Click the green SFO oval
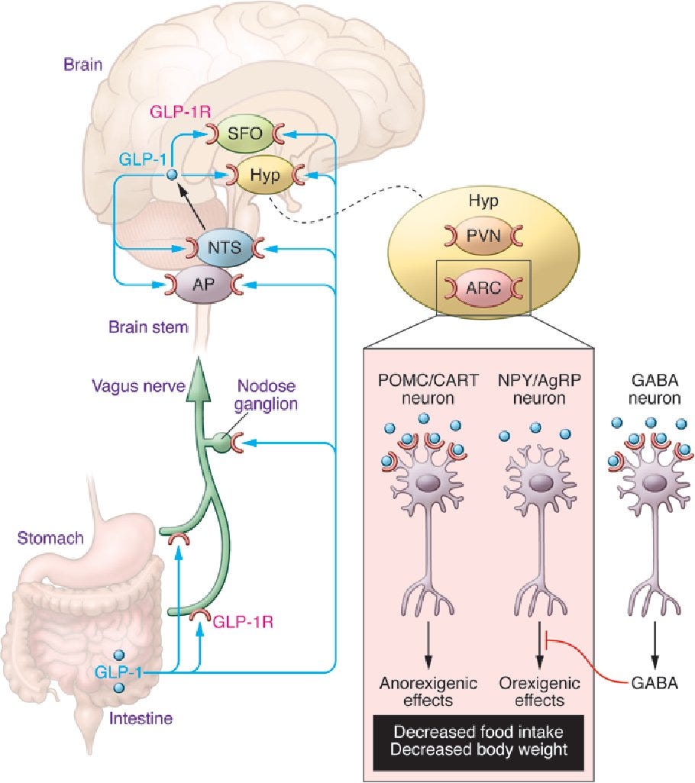click(245, 134)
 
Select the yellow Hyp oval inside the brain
click(265, 175)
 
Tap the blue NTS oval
click(225, 247)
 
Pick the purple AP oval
click(204, 284)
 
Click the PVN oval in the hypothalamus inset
click(483, 235)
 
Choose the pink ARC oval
click(483, 288)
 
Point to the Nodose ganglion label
click(267, 395)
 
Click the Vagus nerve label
click(138, 385)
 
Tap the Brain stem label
click(148, 327)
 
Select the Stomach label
click(50, 538)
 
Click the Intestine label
click(141, 718)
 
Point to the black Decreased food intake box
click(479, 742)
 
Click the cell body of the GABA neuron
click(654, 483)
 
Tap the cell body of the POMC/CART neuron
click(428, 483)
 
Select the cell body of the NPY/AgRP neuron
click(539, 483)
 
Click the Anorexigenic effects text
click(428, 691)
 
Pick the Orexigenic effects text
click(540, 691)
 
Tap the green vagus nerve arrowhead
click(199, 379)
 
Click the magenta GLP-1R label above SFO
click(180, 111)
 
